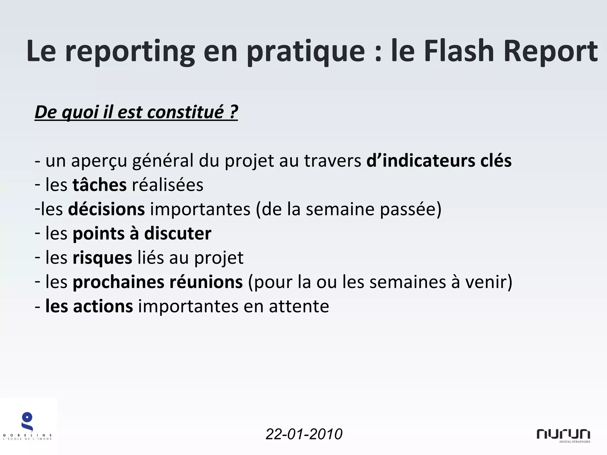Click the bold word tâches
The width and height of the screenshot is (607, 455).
100,185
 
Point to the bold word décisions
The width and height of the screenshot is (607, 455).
106,209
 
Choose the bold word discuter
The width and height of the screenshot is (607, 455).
178,233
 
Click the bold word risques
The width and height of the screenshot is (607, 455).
102,258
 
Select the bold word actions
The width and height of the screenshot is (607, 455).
103,306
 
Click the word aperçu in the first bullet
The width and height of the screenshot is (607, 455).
99,161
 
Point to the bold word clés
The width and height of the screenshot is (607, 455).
496,161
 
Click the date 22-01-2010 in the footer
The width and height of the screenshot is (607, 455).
304,434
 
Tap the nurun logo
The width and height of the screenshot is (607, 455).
563,435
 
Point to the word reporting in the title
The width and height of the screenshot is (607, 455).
130,52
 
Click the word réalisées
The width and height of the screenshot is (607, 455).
167,185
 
